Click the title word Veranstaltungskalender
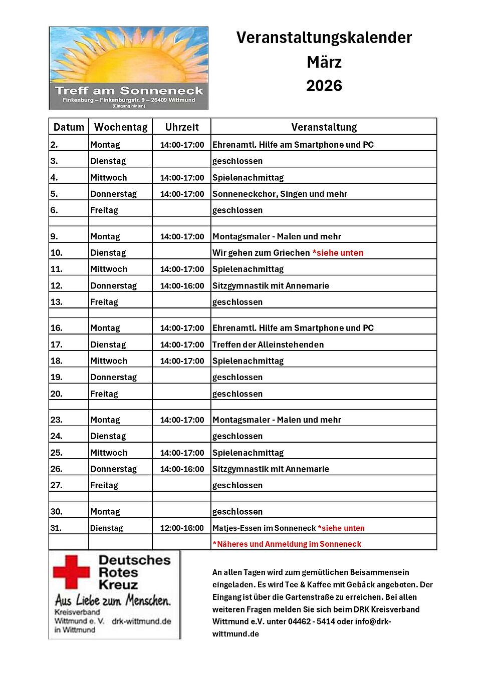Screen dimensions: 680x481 tap(324, 38)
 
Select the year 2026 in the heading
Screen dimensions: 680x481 tap(324, 86)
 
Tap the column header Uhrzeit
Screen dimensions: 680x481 tap(182, 127)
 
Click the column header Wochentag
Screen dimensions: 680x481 tap(121, 127)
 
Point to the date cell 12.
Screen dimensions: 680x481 tap(57, 286)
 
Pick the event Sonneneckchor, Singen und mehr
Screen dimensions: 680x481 tap(280, 194)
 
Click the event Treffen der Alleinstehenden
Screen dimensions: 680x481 tap(268, 345)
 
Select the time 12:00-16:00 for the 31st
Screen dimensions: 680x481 tap(182, 528)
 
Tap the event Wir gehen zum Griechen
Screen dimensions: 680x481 tap(261, 253)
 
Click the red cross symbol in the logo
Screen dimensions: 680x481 tap(71, 571)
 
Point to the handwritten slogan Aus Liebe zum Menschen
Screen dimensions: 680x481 tap(113, 600)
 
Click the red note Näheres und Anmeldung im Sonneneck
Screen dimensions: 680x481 tap(287, 544)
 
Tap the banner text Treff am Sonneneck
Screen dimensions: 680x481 tap(129, 91)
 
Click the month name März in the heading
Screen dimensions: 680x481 tap(324, 62)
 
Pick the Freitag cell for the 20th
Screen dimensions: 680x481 tap(104, 394)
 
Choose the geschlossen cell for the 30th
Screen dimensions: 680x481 tap(237, 512)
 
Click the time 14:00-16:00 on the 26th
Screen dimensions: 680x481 tap(182, 469)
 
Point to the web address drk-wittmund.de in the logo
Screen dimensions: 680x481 tap(141, 621)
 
